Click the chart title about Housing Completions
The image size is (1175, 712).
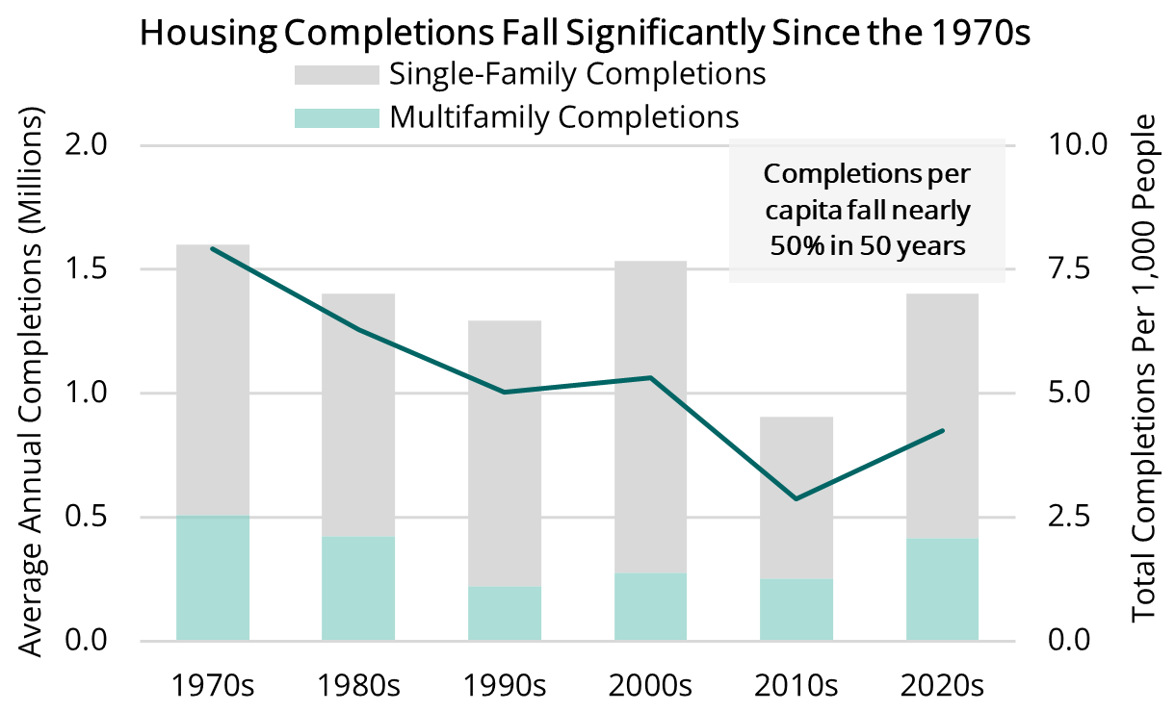[x=587, y=33]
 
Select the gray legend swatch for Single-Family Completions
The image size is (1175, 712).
[x=336, y=74]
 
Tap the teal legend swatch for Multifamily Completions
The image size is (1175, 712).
[x=336, y=117]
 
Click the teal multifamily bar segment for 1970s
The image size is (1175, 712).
[x=213, y=578]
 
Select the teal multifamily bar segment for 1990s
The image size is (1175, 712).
[x=505, y=614]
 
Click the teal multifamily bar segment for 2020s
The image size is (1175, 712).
[x=942, y=590]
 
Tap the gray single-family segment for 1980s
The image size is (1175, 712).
[x=358, y=415]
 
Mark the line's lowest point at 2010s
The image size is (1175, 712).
[x=796, y=498]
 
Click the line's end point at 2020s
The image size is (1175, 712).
[x=942, y=431]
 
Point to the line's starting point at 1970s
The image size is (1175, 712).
[x=213, y=249]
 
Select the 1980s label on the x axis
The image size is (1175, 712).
[x=358, y=686]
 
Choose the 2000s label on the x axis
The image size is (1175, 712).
[x=650, y=686]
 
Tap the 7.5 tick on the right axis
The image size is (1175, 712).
[x=1071, y=269]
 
